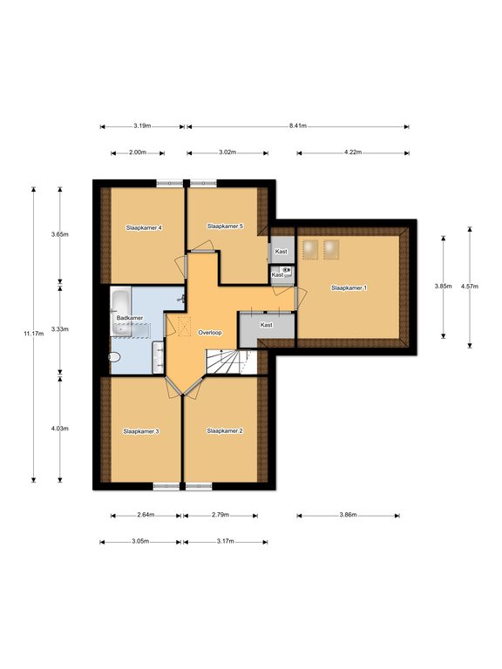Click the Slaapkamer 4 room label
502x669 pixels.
pos(144,228)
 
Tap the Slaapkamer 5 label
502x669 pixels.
pos(225,226)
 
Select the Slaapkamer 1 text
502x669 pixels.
pos(349,288)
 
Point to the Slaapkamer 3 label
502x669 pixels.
pos(141,431)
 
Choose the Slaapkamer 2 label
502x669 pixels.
pos(225,431)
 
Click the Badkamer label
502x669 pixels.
pos(130,318)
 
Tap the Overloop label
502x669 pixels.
pos(210,333)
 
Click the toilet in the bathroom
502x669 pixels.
pos(115,357)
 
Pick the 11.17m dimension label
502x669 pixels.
pos(34,334)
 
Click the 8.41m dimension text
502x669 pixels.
pos(298,125)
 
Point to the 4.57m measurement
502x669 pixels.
pos(470,287)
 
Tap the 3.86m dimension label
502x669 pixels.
pos(348,515)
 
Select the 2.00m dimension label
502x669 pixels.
pos(138,152)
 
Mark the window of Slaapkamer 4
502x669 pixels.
pos(169,184)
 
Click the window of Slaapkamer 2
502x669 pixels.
pos(199,486)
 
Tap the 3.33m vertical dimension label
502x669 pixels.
pos(60,329)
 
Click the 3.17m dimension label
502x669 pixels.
pos(226,542)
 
